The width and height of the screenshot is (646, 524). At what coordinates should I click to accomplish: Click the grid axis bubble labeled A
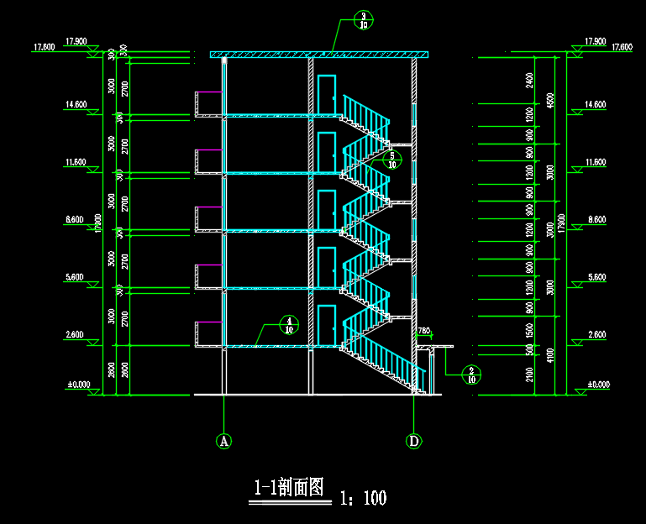(223, 440)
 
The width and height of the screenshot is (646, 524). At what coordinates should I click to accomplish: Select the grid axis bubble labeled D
(414, 440)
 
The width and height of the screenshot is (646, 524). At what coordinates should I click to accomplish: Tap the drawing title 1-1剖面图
(289, 488)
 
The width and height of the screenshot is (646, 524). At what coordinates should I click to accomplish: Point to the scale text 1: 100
(364, 498)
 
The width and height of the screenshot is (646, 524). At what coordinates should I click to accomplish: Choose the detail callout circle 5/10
(391, 160)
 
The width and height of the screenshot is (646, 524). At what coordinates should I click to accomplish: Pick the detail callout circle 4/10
(289, 325)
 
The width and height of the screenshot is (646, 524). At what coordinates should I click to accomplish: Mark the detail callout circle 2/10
(471, 374)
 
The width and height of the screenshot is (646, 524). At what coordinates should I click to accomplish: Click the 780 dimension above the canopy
(424, 331)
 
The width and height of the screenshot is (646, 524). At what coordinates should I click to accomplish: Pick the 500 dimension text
(529, 348)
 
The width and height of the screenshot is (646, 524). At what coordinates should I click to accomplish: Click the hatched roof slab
(319, 55)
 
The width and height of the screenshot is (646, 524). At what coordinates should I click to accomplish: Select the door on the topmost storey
(327, 95)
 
